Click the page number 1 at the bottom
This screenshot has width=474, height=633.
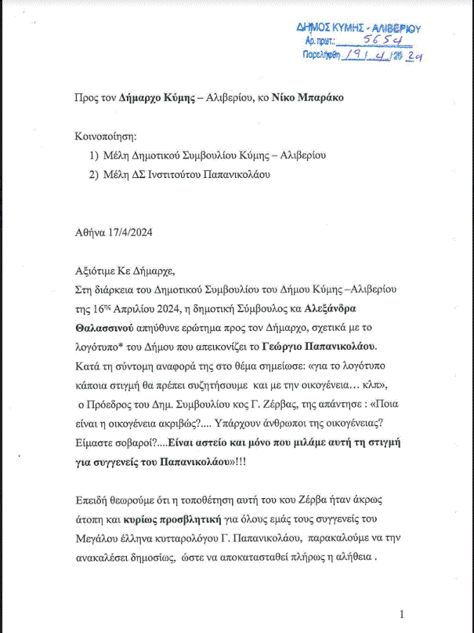pyautogui.click(x=402, y=614)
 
